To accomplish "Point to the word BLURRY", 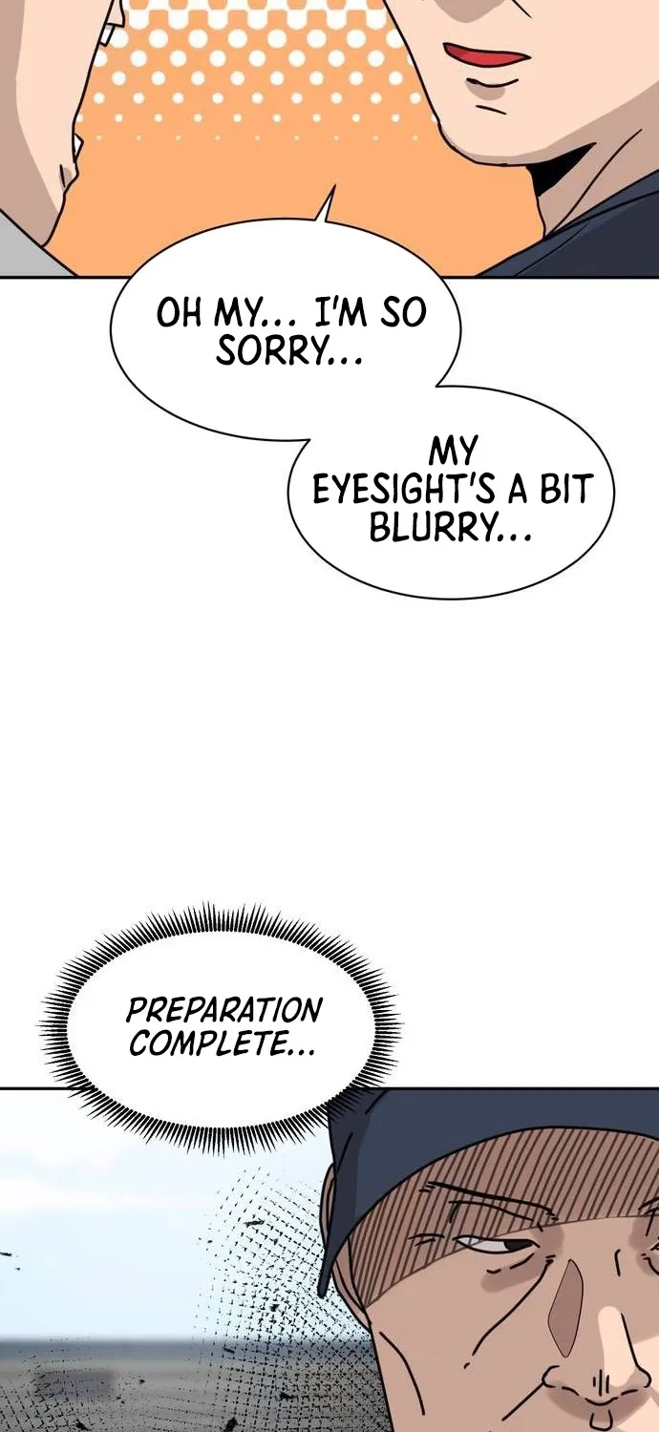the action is [434, 528].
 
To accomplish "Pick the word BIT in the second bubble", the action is [563, 489].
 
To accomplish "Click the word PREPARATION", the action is [224, 1011].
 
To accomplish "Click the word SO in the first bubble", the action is [403, 312].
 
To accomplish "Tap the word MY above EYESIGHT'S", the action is [453, 453].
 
